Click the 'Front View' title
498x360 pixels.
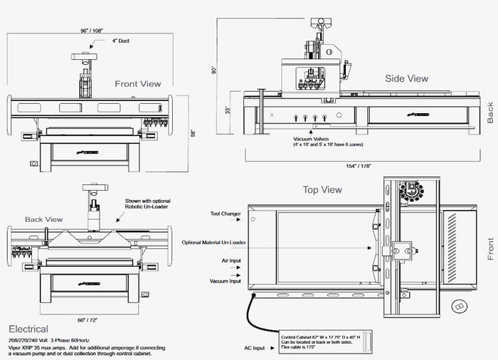click(138, 84)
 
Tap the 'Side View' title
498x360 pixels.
click(406, 78)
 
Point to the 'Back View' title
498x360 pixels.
click(44, 219)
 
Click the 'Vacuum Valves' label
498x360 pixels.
click(311, 139)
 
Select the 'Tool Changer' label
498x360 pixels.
click(226, 213)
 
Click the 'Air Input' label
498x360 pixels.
click(231, 260)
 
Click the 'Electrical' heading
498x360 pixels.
click(28, 329)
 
